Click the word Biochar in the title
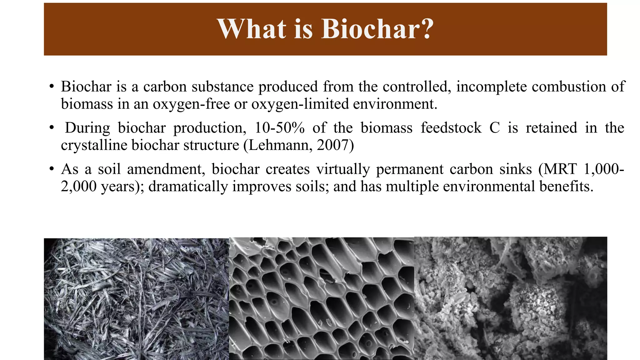point(371,29)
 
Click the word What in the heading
point(252,29)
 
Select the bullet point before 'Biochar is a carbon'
point(52,87)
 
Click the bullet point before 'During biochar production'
point(52,128)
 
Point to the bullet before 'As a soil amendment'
point(52,169)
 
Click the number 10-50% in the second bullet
point(279,128)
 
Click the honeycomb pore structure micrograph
point(322,298)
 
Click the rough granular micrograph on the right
point(511,298)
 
